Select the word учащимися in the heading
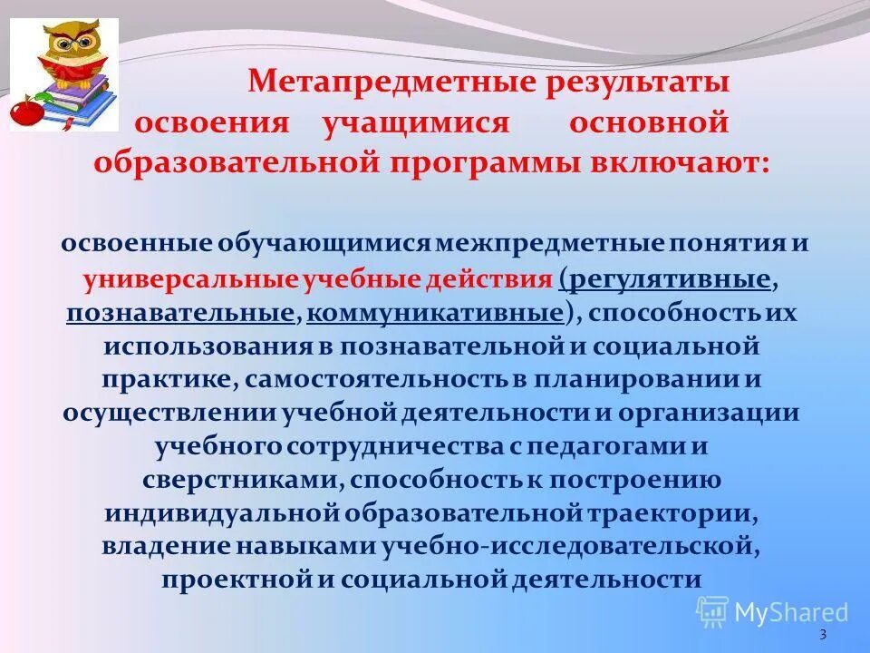pyautogui.click(x=417, y=122)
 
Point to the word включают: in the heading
pyautogui.click(x=691, y=163)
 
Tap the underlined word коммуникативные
pyautogui.click(x=434, y=313)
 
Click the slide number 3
pyautogui.click(x=822, y=634)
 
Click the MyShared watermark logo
pyautogui.click(x=775, y=612)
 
